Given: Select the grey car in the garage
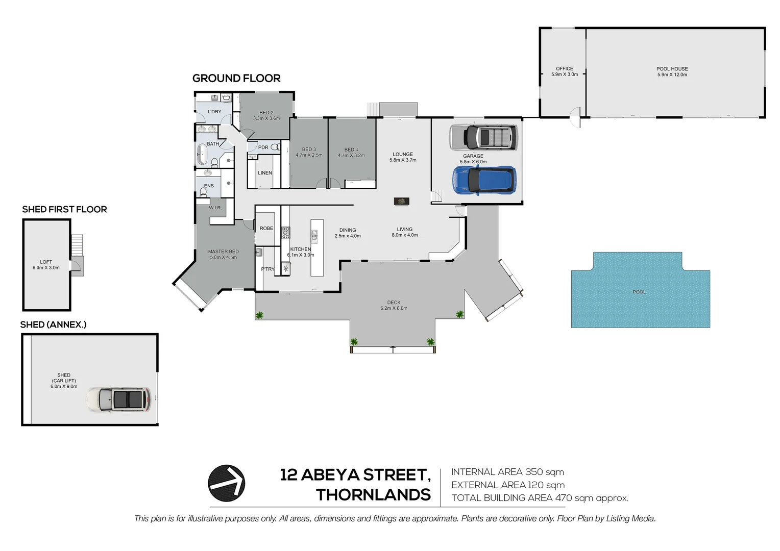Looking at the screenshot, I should tap(483, 137).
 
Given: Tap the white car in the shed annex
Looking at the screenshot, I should tap(119, 399).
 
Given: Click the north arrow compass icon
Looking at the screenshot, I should tap(227, 483).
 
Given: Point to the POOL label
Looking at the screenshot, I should tap(639, 292).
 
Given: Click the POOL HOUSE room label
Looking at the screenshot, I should tap(672, 69).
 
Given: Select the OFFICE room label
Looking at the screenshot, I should tap(565, 68).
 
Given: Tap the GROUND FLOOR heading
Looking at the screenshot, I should tap(236, 79).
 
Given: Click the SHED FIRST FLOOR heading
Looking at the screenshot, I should tap(64, 209).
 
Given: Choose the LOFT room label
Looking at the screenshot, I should tap(46, 262).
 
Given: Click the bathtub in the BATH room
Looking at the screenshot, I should tap(202, 154).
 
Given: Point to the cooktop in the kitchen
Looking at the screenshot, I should tap(286, 233).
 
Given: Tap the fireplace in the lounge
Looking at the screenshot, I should tap(402, 202).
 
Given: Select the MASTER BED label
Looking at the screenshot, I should tap(223, 252).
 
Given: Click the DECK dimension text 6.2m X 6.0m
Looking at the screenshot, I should tap(394, 308).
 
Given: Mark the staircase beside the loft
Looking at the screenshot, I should tap(77, 245).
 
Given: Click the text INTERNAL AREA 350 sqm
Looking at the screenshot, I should tap(507, 472).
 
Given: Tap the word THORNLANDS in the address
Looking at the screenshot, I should tap(373, 495).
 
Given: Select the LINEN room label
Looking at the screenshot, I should tap(265, 173).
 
